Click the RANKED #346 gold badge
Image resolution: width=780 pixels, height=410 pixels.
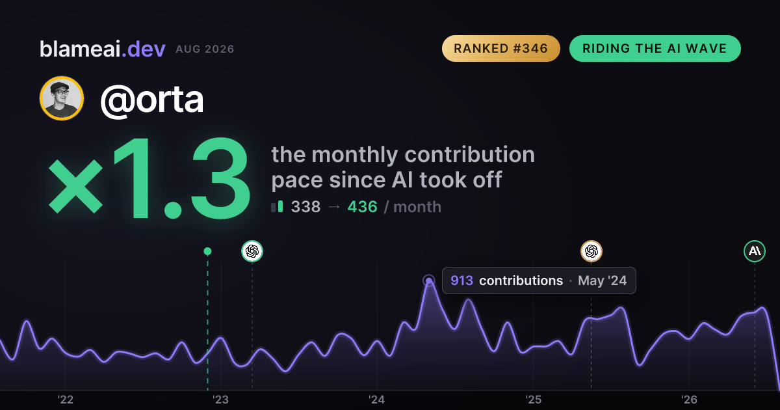pos(500,48)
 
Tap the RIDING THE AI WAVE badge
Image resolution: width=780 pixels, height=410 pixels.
pos(655,48)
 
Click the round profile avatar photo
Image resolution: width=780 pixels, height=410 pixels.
pos(62,98)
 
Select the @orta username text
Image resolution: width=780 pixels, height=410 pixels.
pos(152,100)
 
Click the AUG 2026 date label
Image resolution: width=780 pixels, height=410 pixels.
pos(205,49)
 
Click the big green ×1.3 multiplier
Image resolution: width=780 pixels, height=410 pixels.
pos(149,178)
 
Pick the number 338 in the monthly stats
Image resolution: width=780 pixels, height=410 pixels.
pos(305,207)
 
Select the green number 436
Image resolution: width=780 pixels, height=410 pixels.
pos(362,207)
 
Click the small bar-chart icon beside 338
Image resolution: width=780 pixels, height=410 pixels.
pos(277,206)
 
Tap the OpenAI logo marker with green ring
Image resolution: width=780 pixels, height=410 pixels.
pos(252,251)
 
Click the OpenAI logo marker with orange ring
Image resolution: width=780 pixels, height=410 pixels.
pos(591,251)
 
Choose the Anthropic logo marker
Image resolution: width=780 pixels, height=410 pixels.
pos(755,251)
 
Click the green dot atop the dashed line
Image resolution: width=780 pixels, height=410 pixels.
pos(207,251)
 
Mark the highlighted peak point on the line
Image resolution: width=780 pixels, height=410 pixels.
pos(429,280)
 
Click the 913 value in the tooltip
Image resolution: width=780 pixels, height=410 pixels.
pos(461,280)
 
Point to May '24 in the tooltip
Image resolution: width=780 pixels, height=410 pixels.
pos(603,280)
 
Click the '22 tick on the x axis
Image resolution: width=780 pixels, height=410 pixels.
pos(65,400)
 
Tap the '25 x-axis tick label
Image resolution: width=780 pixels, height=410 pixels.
pos(533,400)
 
